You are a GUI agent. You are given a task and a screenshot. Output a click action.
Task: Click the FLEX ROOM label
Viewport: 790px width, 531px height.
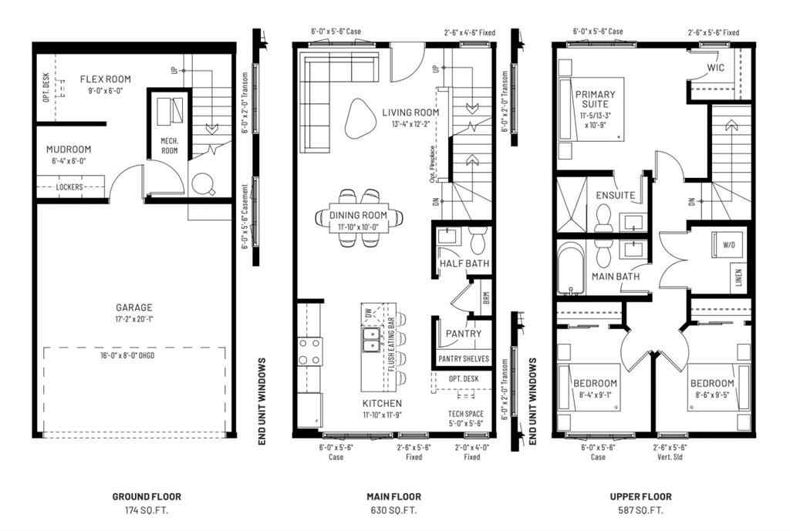pyautogui.click(x=105, y=79)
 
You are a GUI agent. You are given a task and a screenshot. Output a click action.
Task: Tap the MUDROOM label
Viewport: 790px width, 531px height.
pyautogui.click(x=69, y=150)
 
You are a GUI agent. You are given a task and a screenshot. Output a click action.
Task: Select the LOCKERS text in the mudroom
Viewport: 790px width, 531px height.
pyautogui.click(x=69, y=187)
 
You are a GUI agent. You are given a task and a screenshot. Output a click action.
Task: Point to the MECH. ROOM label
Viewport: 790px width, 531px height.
pyautogui.click(x=169, y=146)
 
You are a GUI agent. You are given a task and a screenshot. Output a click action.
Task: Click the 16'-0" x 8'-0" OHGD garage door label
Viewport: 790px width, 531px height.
pyautogui.click(x=136, y=356)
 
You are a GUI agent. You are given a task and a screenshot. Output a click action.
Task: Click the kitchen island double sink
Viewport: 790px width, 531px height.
pyautogui.click(x=372, y=338)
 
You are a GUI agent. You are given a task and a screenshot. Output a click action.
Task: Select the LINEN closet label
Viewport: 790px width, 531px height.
pyautogui.click(x=738, y=275)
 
